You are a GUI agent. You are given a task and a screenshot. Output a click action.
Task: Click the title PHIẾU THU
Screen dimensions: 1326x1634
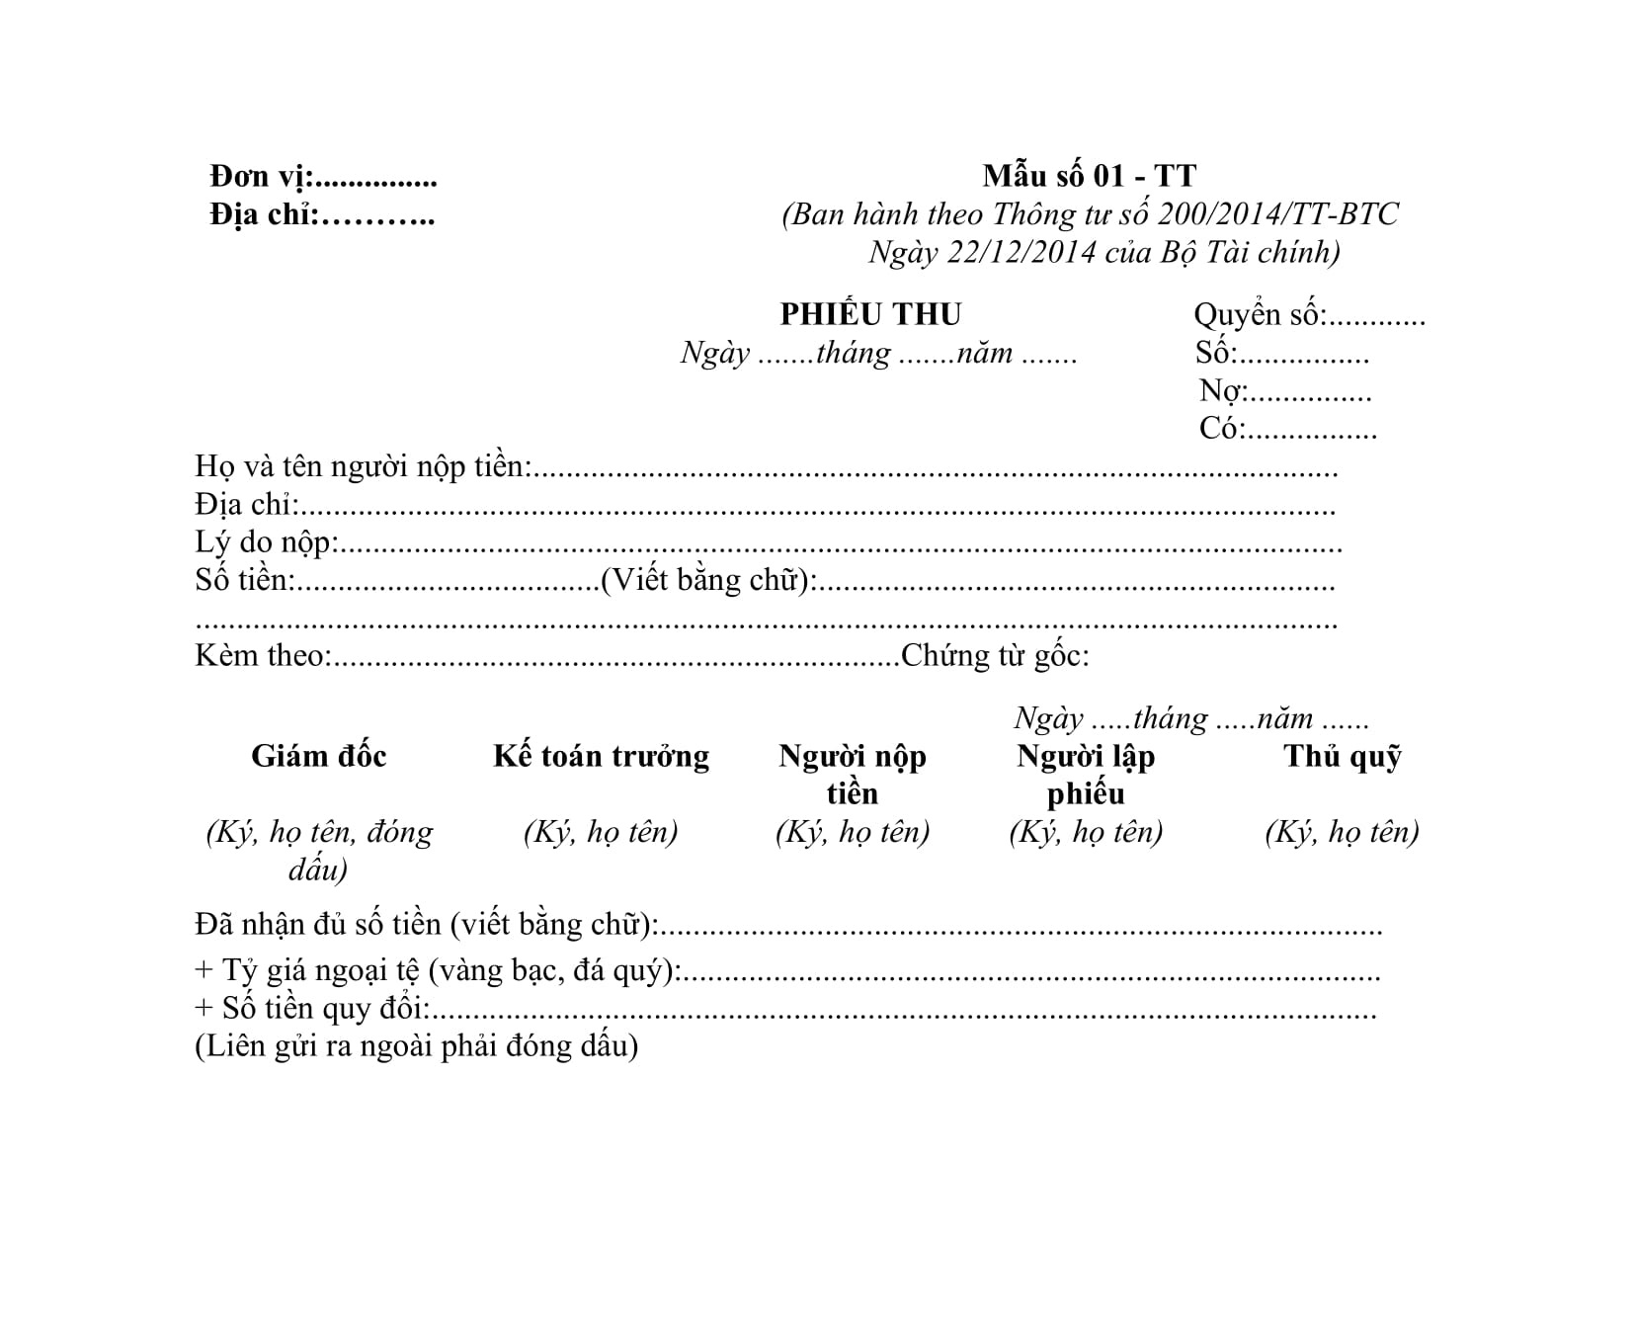[x=870, y=314]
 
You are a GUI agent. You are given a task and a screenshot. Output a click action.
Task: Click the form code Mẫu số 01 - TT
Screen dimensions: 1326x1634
[x=1089, y=176]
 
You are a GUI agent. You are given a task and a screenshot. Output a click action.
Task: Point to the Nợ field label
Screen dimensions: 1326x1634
[x=1220, y=391]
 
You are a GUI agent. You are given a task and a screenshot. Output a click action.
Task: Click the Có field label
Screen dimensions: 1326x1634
[x=1220, y=429]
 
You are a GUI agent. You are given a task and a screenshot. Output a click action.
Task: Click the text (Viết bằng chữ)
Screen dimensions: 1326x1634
[x=708, y=580]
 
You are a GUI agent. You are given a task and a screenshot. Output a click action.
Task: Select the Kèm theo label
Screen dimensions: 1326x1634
[x=261, y=656]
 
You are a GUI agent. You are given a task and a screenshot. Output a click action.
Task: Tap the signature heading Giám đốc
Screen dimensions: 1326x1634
[x=318, y=756]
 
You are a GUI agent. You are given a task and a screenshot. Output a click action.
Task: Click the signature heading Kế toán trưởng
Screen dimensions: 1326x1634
[x=601, y=756]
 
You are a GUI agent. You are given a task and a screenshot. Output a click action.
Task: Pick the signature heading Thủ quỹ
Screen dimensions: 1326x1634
[x=1342, y=756]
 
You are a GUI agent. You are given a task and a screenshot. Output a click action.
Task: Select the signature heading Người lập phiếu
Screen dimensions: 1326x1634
[x=1086, y=774]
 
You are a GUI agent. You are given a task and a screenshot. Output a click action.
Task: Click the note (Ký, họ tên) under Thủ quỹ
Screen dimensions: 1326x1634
[x=1342, y=832]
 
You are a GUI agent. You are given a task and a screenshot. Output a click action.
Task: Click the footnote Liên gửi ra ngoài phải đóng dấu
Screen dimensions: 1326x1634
[x=416, y=1046]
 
